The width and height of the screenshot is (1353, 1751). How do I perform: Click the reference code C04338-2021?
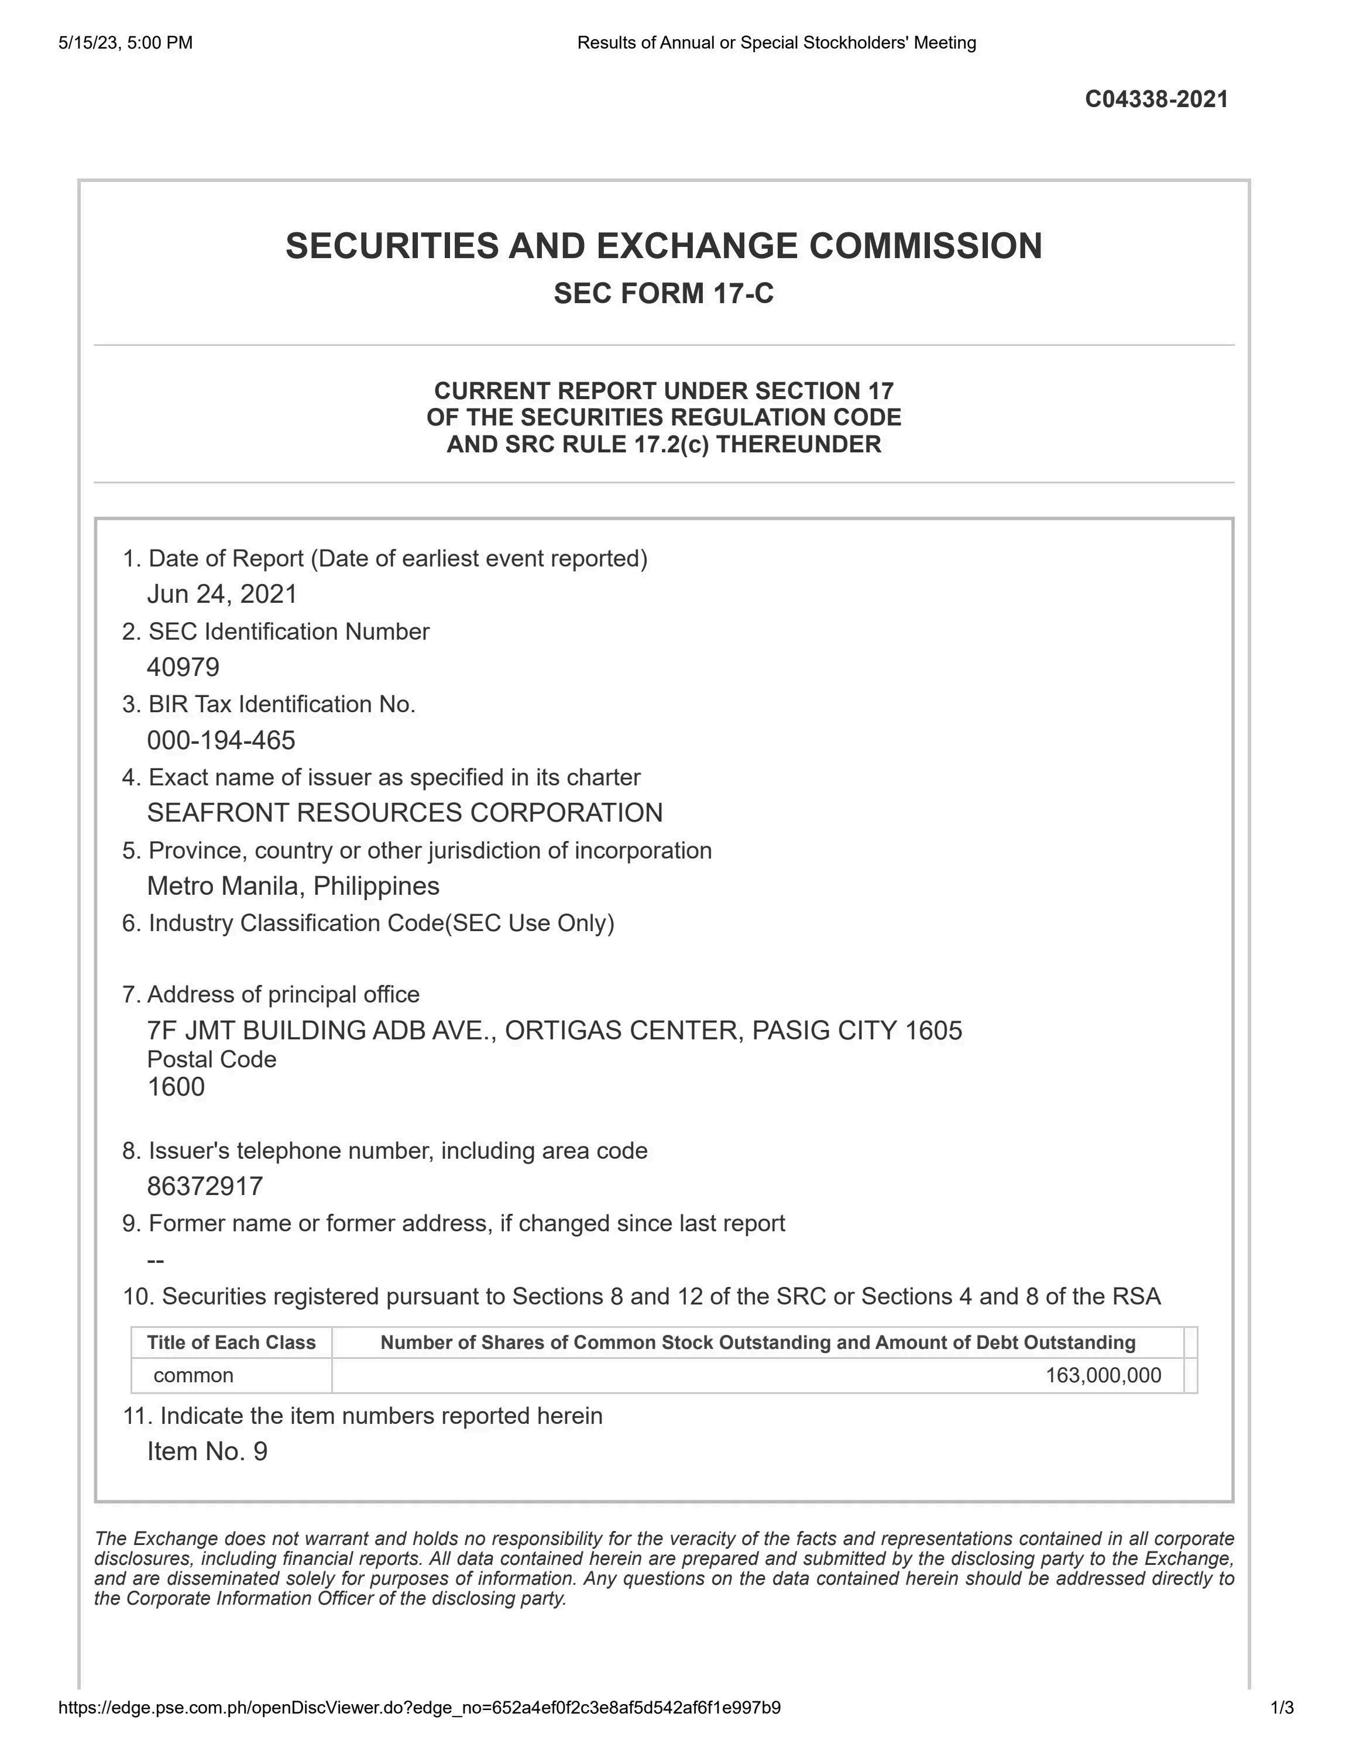tap(1156, 99)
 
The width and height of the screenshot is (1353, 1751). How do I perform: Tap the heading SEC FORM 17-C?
tap(664, 293)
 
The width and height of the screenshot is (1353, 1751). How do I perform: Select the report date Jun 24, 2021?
tap(222, 594)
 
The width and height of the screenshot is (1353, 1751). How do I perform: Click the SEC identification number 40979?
tap(183, 667)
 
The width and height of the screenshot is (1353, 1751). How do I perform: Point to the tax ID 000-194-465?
tap(221, 740)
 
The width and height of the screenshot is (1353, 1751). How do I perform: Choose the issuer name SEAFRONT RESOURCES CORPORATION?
tap(405, 813)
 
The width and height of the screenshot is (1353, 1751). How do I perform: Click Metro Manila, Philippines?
tap(293, 886)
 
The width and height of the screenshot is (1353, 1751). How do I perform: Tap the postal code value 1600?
tap(176, 1087)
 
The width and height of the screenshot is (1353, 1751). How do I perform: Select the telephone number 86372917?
tap(205, 1187)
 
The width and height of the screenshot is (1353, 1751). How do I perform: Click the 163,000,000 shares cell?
tap(1103, 1376)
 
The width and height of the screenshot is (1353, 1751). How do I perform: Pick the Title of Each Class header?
tap(232, 1343)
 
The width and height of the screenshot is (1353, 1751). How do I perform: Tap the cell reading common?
tap(193, 1376)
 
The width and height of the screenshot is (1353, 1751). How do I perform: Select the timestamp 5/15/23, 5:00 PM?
tap(125, 43)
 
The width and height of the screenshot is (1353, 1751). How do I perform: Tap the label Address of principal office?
tap(272, 995)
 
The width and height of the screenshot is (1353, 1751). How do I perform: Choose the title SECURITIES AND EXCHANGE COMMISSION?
tap(664, 246)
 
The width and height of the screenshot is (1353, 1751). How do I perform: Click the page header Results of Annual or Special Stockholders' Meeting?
tap(776, 43)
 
